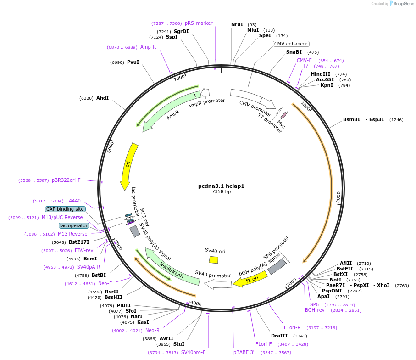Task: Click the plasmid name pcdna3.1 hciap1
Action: pos(221,186)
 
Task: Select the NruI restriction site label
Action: pos(237,24)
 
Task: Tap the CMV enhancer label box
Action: pos(291,44)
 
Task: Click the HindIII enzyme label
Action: pos(321,74)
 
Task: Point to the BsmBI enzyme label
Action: pos(351,119)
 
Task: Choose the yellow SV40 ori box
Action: pos(214,260)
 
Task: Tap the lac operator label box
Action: pos(73,225)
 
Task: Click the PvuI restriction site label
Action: pos(133,62)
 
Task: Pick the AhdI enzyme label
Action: pos(102,98)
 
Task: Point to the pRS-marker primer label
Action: pos(199,23)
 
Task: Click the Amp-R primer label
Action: pos(148,47)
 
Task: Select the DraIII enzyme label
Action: pos(279,336)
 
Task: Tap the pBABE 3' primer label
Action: pos(244,353)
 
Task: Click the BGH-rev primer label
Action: pos(315,310)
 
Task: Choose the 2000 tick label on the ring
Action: pos(338,197)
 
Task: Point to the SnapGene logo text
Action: pos(402,4)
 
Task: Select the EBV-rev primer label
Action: pos(84,250)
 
